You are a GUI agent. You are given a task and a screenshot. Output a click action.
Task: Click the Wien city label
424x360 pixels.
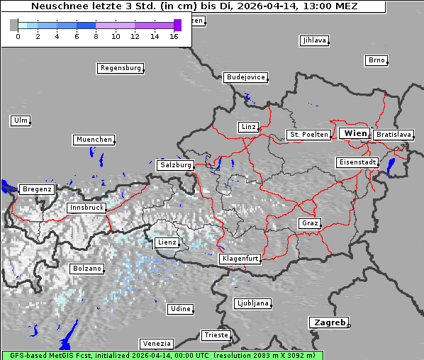355,133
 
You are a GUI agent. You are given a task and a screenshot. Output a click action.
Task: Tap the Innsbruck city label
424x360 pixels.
86,208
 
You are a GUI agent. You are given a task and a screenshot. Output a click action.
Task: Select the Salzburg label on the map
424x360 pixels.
176,164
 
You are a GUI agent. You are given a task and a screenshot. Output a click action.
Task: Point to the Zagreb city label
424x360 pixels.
328,322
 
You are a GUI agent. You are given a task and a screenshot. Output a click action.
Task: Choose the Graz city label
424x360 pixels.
309,223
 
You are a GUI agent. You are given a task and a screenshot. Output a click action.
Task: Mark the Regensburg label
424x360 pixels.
120,68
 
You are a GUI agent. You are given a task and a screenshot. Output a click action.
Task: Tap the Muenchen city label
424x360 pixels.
94,140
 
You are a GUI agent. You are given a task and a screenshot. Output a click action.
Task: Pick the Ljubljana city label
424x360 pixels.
252,303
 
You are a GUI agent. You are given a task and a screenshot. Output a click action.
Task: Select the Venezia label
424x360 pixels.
155,343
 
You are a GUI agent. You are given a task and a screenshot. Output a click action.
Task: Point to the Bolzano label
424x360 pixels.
87,269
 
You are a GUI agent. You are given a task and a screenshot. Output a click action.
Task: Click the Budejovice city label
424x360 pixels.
245,77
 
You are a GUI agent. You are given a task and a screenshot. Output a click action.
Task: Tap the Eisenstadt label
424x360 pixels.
357,162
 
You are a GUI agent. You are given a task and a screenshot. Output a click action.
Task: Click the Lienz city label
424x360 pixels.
167,242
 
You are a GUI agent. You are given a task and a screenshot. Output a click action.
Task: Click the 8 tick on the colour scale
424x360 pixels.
96,36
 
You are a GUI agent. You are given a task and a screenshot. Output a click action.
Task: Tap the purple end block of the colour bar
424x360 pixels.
177,25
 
